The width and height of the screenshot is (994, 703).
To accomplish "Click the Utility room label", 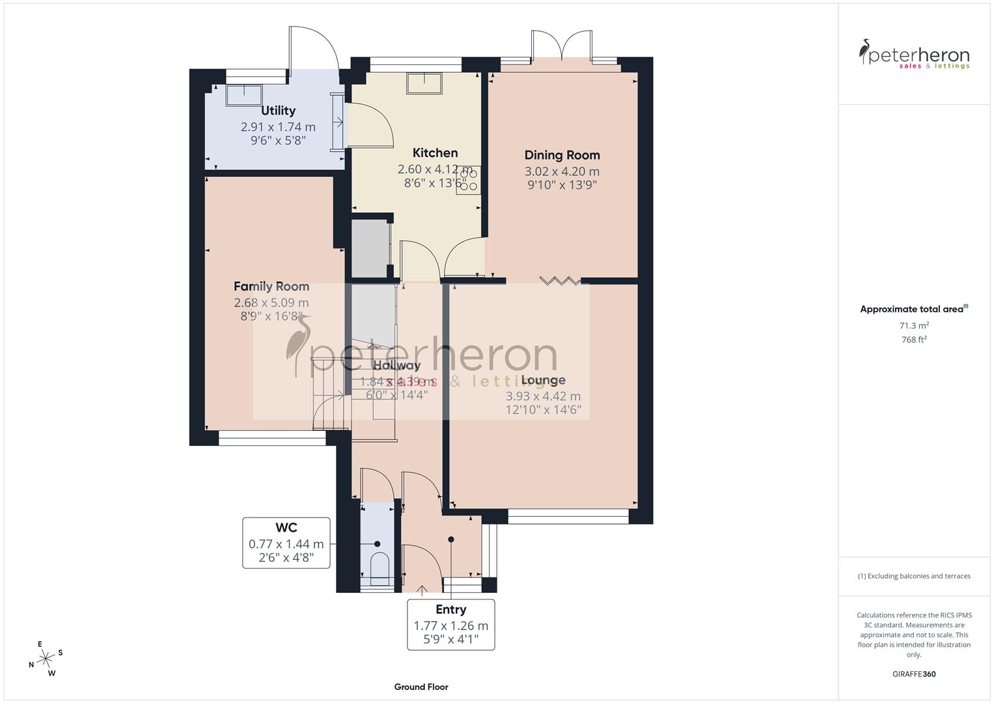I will tap(278, 111).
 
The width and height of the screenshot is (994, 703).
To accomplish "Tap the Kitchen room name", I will tap(435, 153).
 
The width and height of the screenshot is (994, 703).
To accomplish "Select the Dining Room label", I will tap(562, 155).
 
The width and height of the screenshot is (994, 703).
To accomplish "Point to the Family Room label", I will tap(271, 286).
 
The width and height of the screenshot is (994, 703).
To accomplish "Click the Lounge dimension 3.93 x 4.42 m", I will tap(543, 396).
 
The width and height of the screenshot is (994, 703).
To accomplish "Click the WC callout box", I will tap(286, 542).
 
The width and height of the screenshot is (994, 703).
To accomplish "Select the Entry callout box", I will tap(450, 624).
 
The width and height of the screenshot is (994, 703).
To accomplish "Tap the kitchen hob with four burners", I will tap(468, 180).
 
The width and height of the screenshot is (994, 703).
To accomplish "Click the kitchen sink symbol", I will tap(424, 83).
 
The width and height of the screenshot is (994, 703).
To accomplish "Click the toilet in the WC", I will tap(378, 566).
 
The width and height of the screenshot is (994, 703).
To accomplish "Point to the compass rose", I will tap(46, 659).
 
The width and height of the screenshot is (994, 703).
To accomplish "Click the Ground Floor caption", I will tap(421, 687).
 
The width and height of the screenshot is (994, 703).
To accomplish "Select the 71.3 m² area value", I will tap(914, 325).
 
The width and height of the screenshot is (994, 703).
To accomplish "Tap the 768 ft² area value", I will tap(914, 340).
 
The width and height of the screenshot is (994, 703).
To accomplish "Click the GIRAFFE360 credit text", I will tap(914, 674).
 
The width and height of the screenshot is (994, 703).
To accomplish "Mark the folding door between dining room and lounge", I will tap(560, 281).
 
